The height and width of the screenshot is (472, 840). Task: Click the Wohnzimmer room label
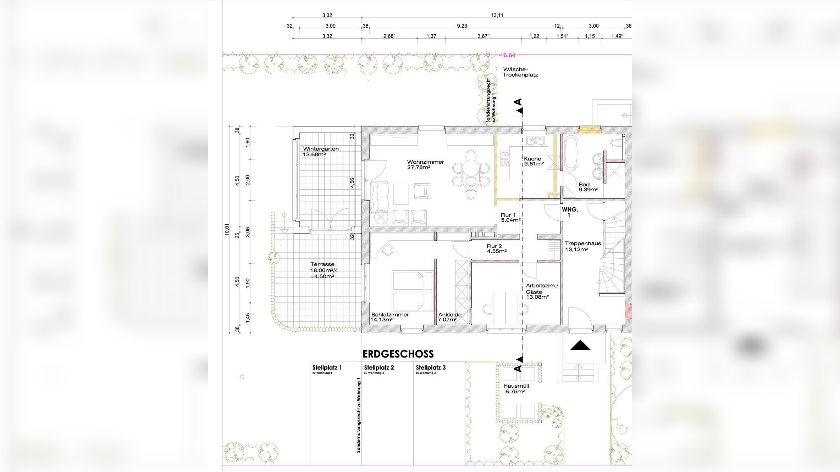coord(425,162)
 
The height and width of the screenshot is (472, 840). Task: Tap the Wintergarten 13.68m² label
coord(321,152)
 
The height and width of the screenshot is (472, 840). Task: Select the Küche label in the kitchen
coord(532,159)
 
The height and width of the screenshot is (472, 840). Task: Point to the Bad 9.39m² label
coord(588,187)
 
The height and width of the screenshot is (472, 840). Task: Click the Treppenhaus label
coord(583,243)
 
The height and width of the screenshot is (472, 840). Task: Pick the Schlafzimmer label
coord(390,315)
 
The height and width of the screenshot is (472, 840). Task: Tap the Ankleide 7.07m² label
coord(449,317)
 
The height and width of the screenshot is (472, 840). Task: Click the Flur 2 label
coord(494,246)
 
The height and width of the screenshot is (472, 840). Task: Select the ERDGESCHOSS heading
coord(398,354)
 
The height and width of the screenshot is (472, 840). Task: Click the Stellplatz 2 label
coord(379,367)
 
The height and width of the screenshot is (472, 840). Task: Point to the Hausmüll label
coord(516,386)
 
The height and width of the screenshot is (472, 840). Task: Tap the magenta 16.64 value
coord(508,55)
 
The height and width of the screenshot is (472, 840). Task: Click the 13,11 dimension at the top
coord(497,15)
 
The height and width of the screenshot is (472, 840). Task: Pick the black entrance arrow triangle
coord(580,345)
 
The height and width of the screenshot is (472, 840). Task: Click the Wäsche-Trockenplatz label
coord(520,72)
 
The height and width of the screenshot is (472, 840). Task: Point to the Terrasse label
coord(322,264)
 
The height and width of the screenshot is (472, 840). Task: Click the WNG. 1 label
coord(570,212)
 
